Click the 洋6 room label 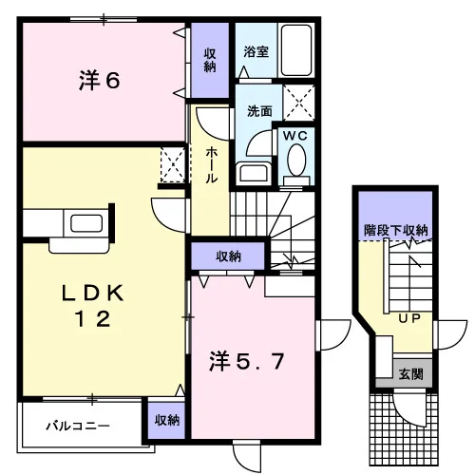click(99, 81)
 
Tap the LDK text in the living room click(92, 294)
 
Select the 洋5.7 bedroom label click(247, 362)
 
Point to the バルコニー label click(78, 426)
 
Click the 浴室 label click(256, 51)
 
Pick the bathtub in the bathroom click(296, 50)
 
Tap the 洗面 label click(259, 111)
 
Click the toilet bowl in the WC click(296, 160)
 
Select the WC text click(295, 136)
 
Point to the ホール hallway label click(211, 165)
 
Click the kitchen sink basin click(86, 223)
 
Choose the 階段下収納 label click(396, 230)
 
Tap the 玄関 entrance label click(410, 374)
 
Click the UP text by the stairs click(409, 318)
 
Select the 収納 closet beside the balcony click(167, 420)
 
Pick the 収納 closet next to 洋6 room click(210, 60)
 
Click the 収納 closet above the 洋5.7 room click(228, 256)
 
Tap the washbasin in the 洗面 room click(254, 174)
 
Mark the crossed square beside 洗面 click(298, 103)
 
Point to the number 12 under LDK click(92, 318)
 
